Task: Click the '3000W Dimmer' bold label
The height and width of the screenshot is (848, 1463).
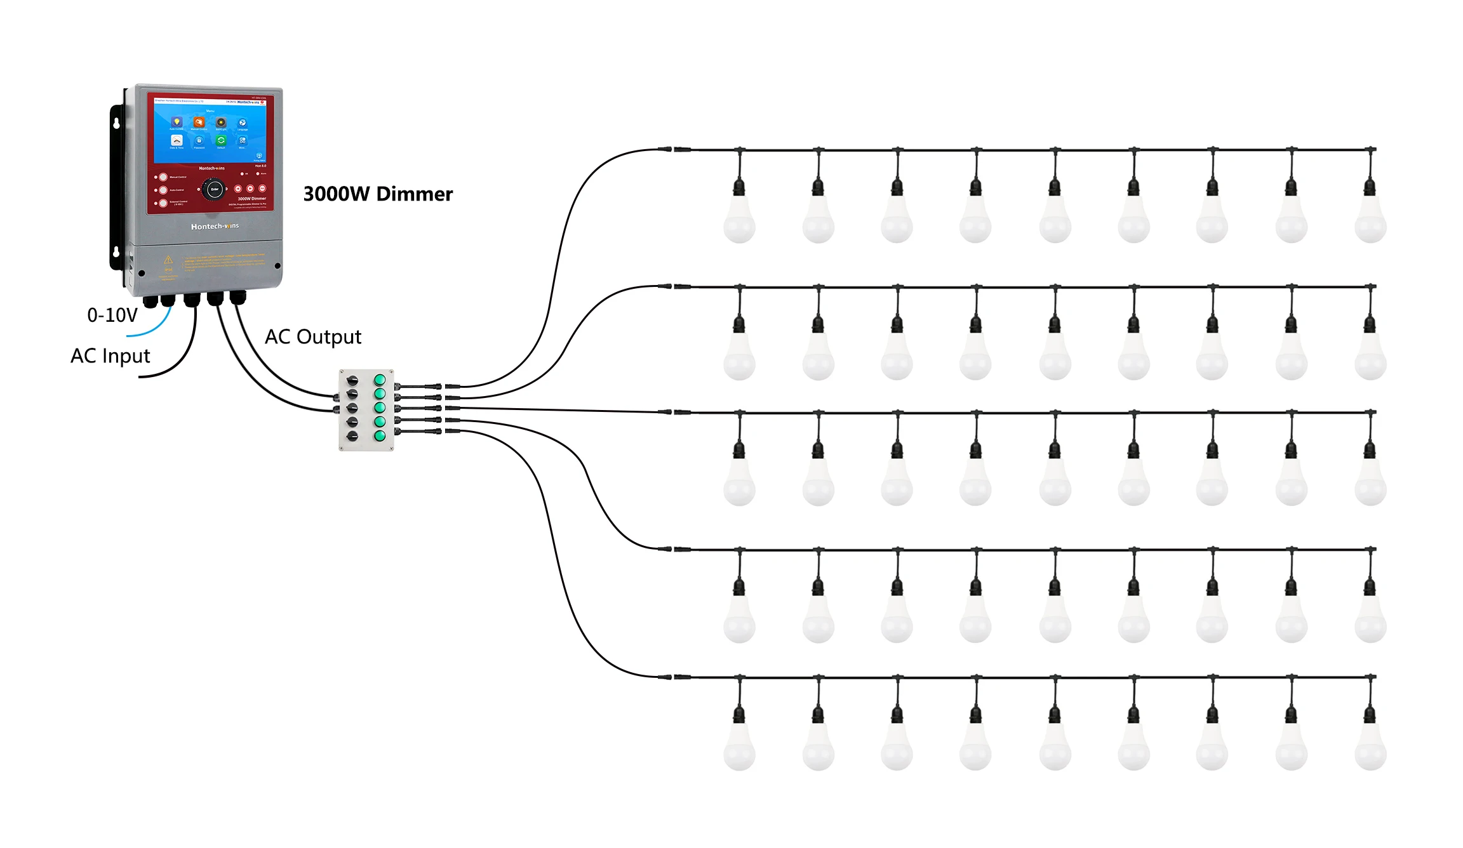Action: [x=378, y=194]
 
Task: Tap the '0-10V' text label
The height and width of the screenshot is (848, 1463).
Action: [x=112, y=315]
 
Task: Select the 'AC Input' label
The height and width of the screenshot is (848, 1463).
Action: [x=110, y=356]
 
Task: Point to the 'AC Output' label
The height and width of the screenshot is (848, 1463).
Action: [x=313, y=337]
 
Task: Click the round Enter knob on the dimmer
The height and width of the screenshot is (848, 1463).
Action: [x=214, y=189]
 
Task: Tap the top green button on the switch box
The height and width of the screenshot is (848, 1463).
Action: [x=380, y=380]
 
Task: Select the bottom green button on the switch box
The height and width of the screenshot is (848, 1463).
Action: [x=380, y=436]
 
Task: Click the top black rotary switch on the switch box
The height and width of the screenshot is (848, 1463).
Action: [x=352, y=381]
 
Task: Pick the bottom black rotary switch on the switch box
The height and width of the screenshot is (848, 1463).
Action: [x=352, y=436]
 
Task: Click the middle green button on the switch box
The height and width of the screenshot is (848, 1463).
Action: [x=380, y=407]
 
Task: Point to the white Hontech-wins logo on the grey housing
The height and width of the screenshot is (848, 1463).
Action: [x=215, y=227]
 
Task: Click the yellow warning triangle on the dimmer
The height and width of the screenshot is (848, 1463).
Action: [x=168, y=260]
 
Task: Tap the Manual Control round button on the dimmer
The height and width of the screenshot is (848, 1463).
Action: [x=163, y=178]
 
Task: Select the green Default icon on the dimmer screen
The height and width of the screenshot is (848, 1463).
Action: [x=221, y=140]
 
